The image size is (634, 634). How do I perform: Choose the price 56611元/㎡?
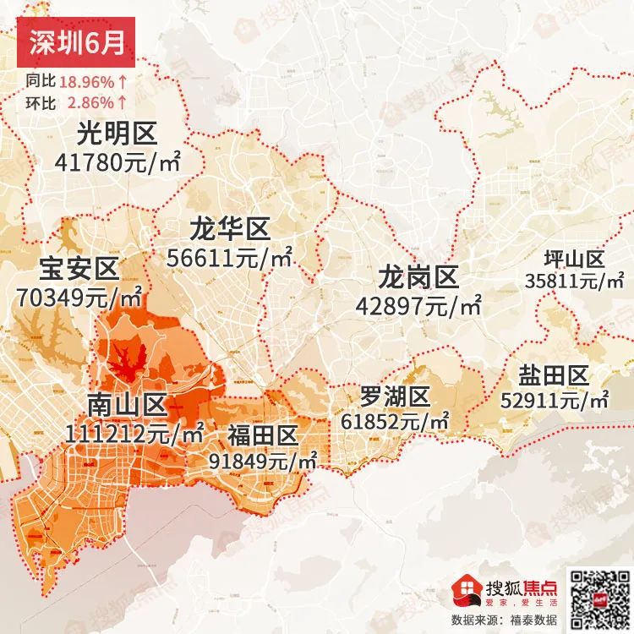[229, 258]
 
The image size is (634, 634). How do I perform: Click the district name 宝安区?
[79, 270]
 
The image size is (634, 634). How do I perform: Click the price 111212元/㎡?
[134, 435]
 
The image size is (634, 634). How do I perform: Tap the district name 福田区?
[263, 435]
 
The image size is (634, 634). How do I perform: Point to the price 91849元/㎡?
[263, 461]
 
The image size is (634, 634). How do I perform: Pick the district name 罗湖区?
[395, 396]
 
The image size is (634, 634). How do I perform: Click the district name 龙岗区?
[418, 276]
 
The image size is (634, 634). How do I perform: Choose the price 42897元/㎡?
[418, 305]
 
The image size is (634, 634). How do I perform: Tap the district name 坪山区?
[574, 259]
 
